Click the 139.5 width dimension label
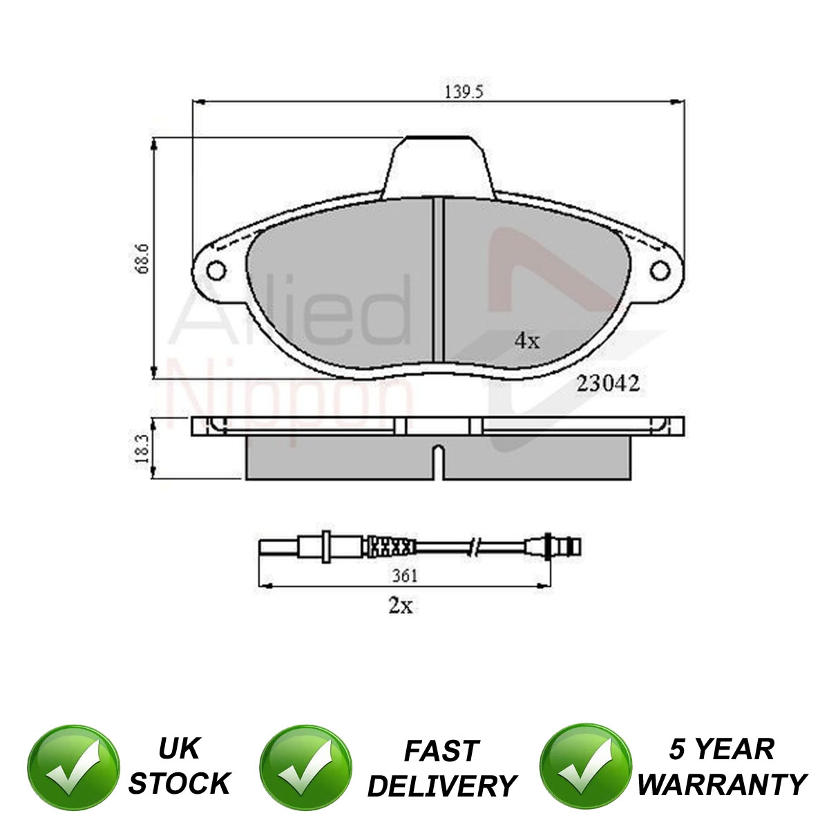(x=464, y=92)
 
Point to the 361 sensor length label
(x=405, y=575)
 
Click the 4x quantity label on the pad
(x=527, y=341)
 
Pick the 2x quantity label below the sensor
(x=401, y=606)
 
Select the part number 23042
(x=608, y=383)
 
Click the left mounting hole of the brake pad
(x=216, y=271)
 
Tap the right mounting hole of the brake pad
(x=660, y=271)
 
